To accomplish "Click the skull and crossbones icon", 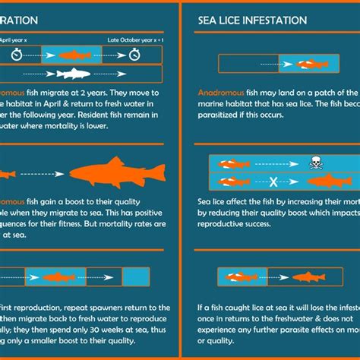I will point(317,163).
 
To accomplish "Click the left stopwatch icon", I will point(17,55).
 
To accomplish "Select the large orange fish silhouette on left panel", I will point(113,173).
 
